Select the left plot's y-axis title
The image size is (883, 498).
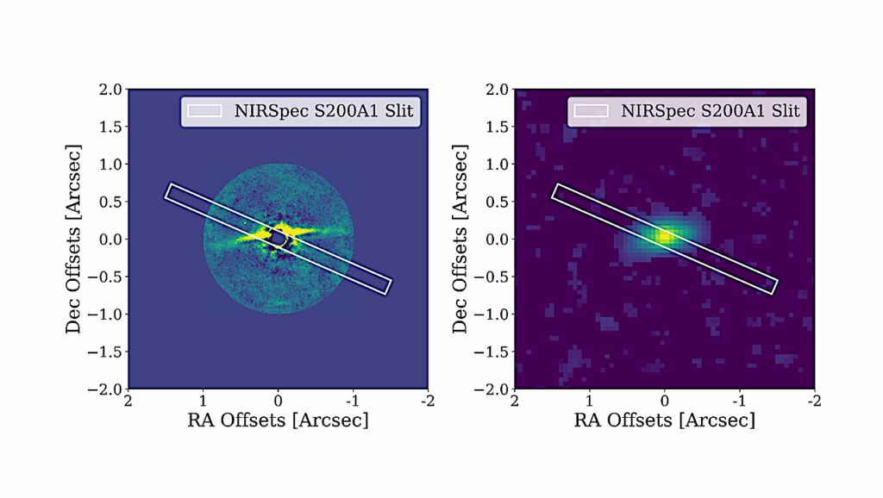tap(75, 239)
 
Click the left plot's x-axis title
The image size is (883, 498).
tap(278, 420)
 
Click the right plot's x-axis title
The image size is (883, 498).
tap(664, 420)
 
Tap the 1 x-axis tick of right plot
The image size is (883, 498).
tap(590, 402)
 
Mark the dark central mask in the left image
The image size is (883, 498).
tap(278, 236)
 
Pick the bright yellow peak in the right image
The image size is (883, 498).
tap(663, 236)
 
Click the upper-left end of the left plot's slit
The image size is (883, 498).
tap(169, 191)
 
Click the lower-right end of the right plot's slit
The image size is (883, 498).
tap(773, 286)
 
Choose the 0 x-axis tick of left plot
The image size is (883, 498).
tap(278, 402)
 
